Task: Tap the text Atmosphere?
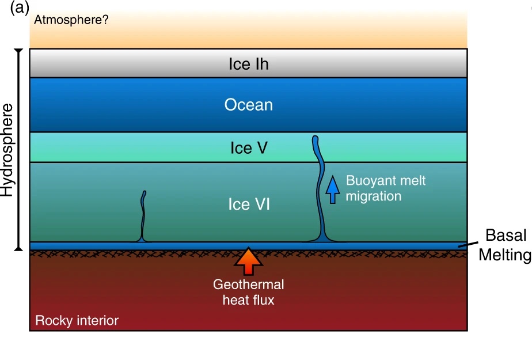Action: pyautogui.click(x=71, y=20)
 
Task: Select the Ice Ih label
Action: pyautogui.click(x=249, y=64)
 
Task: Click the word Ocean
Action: pyautogui.click(x=248, y=105)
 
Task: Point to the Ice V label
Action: pyautogui.click(x=249, y=148)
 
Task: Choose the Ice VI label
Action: pyautogui.click(x=249, y=204)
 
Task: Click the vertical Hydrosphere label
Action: pyautogui.click(x=7, y=150)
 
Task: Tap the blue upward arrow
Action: pyautogui.click(x=332, y=189)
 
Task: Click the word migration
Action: pyautogui.click(x=373, y=196)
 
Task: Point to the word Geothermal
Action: pyautogui.click(x=248, y=285)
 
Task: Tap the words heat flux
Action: pyautogui.click(x=248, y=300)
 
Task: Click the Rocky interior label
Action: pyautogui.click(x=77, y=320)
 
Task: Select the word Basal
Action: pyautogui.click(x=505, y=236)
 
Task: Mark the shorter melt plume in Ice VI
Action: pyautogui.click(x=143, y=216)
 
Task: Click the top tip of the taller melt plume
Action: pyautogui.click(x=315, y=138)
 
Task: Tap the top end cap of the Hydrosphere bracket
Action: pyautogui.click(x=18, y=50)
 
